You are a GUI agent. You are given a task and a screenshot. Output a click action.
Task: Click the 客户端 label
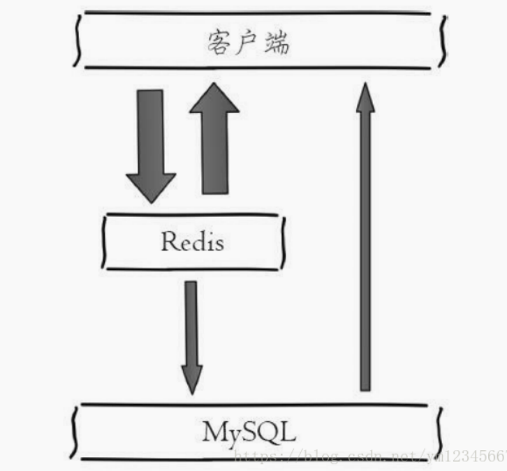248,43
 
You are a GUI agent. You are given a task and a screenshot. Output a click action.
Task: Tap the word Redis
193,241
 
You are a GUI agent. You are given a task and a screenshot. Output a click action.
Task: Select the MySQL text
249,432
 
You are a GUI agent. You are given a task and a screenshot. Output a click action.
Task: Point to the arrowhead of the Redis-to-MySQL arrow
191,380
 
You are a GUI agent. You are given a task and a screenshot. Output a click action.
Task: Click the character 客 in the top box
219,43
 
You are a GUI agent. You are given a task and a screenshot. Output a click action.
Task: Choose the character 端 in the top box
277,43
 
